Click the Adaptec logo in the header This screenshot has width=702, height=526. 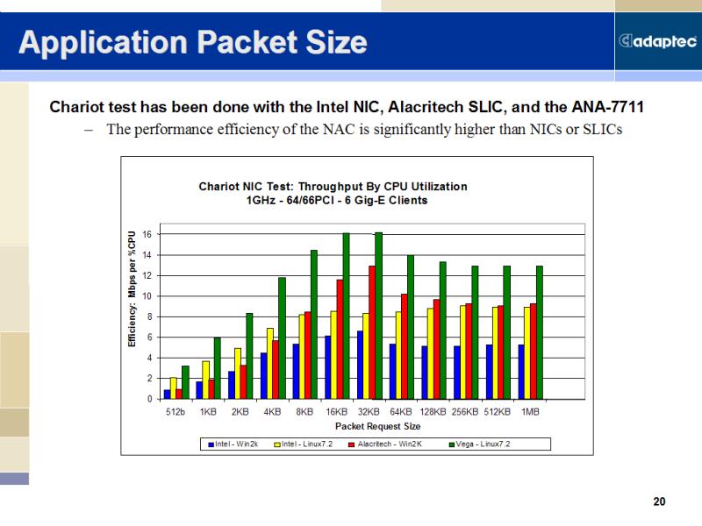point(657,41)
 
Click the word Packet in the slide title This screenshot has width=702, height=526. point(247,42)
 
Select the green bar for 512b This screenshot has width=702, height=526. point(185,382)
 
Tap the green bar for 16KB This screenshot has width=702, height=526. point(346,316)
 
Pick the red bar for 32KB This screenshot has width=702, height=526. point(372,332)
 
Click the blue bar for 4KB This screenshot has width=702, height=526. point(264,376)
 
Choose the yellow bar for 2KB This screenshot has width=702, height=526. point(238,373)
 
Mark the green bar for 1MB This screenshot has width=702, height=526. point(540,332)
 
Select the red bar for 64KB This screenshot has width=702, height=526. point(405,346)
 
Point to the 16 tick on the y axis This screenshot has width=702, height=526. point(147,234)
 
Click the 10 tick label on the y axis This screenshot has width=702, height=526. point(147,296)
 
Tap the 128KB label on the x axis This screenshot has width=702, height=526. point(433,411)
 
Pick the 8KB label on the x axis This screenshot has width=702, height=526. point(304,411)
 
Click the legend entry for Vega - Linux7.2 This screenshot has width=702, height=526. point(479,444)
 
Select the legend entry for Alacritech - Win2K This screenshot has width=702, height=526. point(385,444)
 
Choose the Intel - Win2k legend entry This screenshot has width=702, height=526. point(233,444)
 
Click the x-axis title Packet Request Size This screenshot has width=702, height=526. point(378,426)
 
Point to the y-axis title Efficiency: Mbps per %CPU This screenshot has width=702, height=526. point(132,289)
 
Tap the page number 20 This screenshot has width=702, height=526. point(660,501)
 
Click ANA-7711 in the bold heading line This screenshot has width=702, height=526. point(607,107)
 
